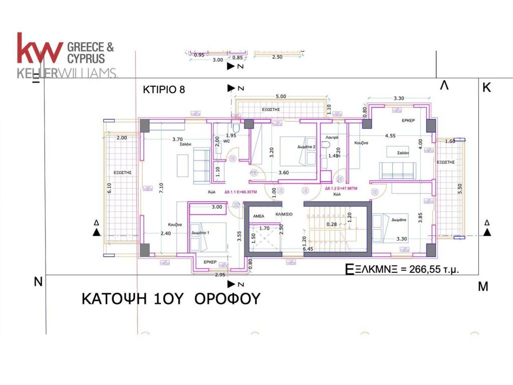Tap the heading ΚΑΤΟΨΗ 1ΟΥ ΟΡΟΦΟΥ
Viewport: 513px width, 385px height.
(x=171, y=299)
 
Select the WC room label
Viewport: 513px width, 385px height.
(x=226, y=141)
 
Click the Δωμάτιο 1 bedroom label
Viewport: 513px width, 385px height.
(x=200, y=233)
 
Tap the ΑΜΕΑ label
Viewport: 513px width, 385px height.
(x=259, y=214)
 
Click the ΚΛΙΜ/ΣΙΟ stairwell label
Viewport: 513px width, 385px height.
(x=284, y=214)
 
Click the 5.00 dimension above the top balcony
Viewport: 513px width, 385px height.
(x=281, y=96)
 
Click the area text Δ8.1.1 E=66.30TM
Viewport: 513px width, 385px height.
(x=241, y=191)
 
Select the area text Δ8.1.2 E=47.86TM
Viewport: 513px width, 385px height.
(x=341, y=188)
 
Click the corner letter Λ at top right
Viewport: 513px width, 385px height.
(x=444, y=86)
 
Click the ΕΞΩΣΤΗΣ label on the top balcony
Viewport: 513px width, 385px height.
(x=271, y=109)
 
